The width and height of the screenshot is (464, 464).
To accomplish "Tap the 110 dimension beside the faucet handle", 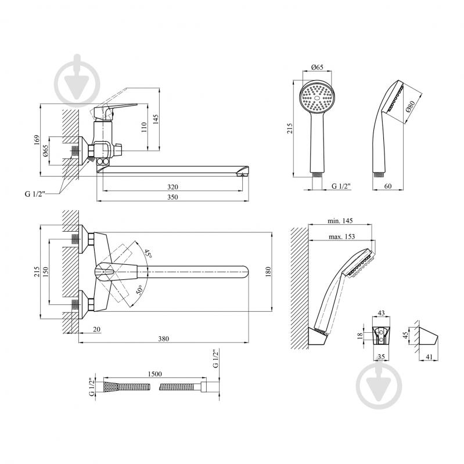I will click(144, 128).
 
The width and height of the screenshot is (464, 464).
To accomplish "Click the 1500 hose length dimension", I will click(155, 375).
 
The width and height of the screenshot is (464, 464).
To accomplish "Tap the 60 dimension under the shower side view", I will click(389, 186).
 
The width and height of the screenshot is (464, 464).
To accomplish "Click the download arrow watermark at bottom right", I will click(380, 384).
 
